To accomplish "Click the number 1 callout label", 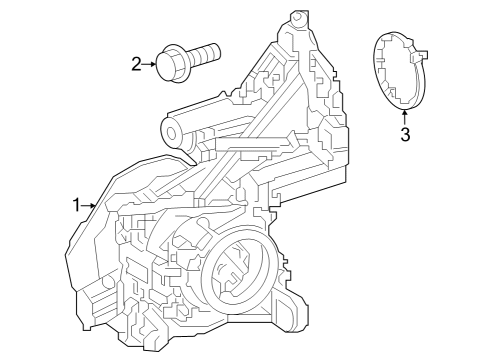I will tap(76, 205).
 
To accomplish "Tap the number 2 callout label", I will tap(136, 65).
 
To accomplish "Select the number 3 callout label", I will tap(405, 134).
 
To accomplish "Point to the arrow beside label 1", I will tap(88, 205).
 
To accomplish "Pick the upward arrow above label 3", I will tap(405, 116).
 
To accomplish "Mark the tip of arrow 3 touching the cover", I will tap(405, 108).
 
